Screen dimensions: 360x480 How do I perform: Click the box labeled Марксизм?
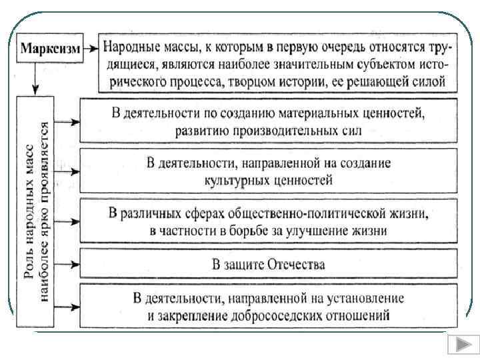(50, 49)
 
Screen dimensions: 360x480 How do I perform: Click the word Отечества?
(295, 265)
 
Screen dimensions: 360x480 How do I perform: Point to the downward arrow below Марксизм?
(33, 79)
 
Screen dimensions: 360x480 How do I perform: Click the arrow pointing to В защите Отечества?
(67, 265)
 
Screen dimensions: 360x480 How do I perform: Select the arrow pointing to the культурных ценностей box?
(67, 172)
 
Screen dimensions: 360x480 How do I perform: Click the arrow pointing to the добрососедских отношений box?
(67, 307)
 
